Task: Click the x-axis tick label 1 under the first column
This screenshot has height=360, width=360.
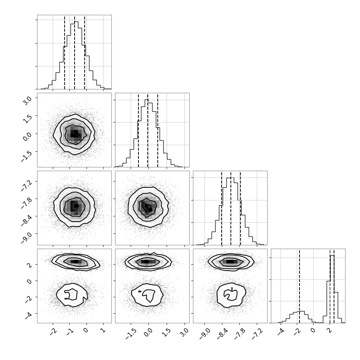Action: [103, 331]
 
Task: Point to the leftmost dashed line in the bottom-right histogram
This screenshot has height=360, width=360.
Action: [300, 286]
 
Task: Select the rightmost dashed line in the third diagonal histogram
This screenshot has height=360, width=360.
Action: [240, 208]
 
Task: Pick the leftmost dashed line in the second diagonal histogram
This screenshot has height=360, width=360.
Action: [138, 130]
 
